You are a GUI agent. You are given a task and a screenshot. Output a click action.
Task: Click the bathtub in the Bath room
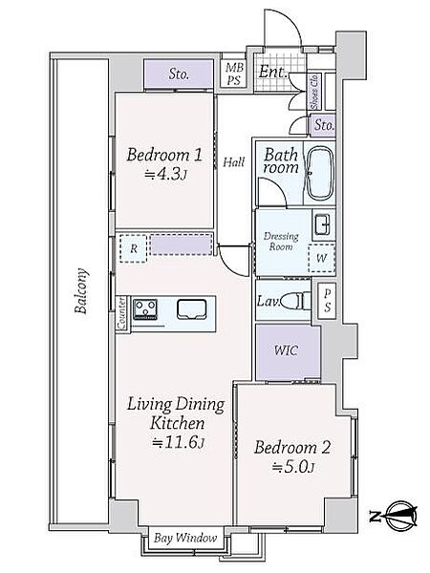[x=319, y=173]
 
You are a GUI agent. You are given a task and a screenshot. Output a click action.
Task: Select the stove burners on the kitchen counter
[x=145, y=309]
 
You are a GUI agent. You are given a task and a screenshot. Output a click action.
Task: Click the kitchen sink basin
[x=192, y=309]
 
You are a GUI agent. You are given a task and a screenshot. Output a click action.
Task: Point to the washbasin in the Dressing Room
[x=322, y=224]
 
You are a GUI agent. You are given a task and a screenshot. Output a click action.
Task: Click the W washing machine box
[x=321, y=259]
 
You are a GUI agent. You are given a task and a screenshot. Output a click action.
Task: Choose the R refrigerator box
[x=133, y=248]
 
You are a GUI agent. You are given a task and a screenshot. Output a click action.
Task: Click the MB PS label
[x=234, y=74]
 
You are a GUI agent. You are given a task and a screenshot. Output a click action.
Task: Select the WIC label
[x=286, y=350]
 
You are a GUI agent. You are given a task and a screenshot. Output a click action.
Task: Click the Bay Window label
[x=185, y=538]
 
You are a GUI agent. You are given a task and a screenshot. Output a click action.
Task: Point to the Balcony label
[x=81, y=291]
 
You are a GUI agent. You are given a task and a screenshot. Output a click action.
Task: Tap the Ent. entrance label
[x=272, y=72]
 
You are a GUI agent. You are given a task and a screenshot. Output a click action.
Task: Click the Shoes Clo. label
[x=314, y=92]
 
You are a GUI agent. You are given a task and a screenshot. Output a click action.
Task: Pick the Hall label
[x=234, y=161]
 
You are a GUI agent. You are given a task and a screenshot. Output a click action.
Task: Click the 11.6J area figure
[x=178, y=442]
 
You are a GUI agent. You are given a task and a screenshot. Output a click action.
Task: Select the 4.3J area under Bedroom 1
[x=165, y=175]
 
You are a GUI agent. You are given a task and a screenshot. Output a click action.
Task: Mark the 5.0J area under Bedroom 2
[x=293, y=467]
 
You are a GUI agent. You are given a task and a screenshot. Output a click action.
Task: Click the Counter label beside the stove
[x=121, y=313]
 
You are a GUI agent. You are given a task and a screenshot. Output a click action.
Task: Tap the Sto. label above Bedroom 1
[x=179, y=74]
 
